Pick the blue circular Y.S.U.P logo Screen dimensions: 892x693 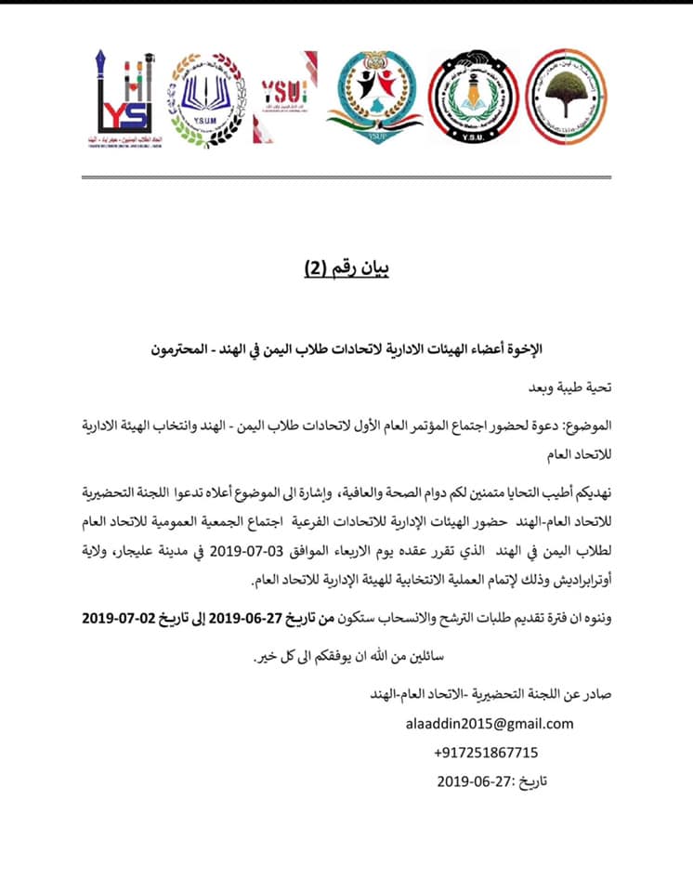click(x=374, y=97)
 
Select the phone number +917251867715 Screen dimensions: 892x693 click(x=485, y=753)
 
